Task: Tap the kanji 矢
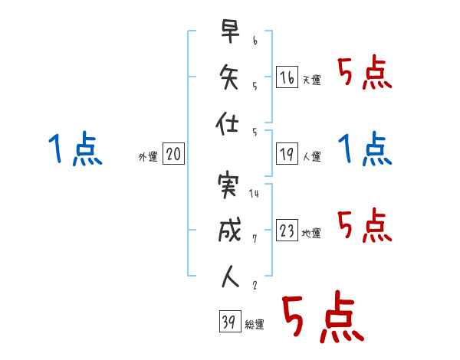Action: tap(229, 77)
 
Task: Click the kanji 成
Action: tap(229, 231)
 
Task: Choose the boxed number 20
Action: tap(173, 154)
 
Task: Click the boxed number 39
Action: tap(228, 322)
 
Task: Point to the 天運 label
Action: tap(311, 80)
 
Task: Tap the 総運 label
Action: tap(254, 325)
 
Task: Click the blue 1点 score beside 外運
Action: tap(74, 149)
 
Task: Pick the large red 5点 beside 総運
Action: tap(322, 318)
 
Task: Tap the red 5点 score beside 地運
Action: tap(365, 226)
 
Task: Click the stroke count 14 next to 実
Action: tap(254, 194)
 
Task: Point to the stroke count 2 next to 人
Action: tap(254, 285)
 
